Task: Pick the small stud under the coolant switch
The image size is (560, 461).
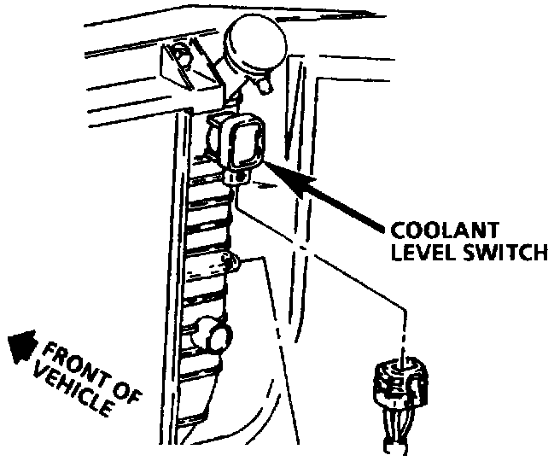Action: point(236,176)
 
